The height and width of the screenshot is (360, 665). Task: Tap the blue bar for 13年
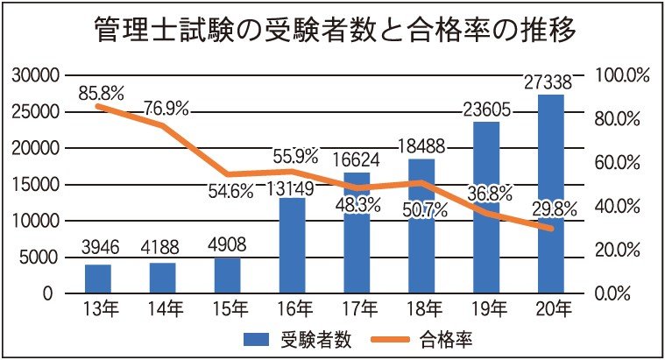98,279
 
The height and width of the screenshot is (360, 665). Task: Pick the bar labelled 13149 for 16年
292,254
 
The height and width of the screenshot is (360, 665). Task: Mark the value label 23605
486,109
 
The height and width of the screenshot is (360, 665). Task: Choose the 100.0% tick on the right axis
622,75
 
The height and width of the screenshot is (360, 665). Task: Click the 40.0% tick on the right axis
622,207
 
